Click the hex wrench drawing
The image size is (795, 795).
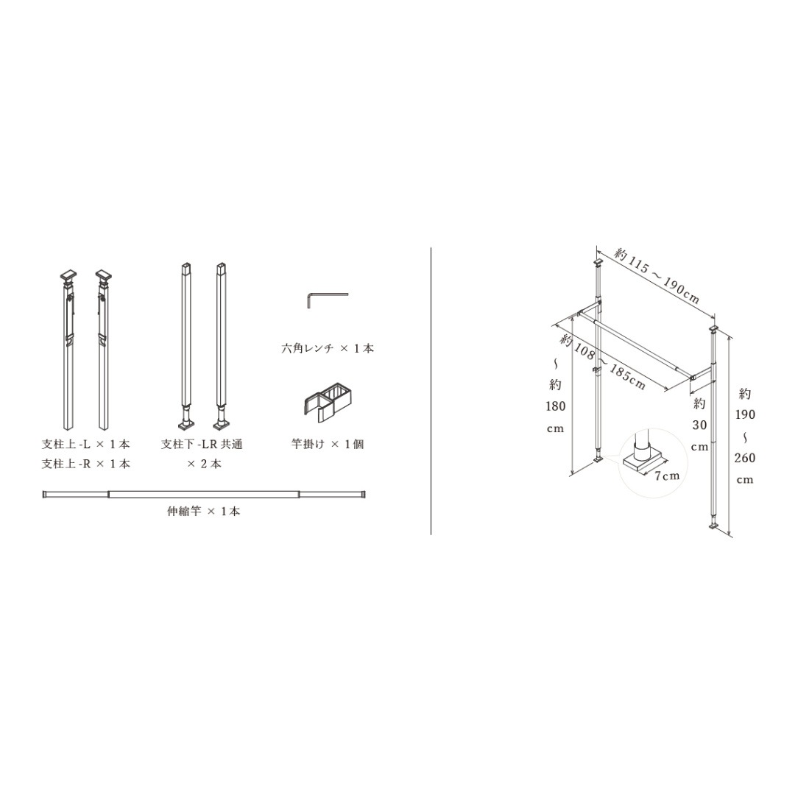325,297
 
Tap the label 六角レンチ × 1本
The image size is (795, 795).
328,348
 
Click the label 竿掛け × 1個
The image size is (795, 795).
327,444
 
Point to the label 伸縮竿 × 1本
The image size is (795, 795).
203,511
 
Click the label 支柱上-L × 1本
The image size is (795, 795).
85,444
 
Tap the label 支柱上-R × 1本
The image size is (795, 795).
85,464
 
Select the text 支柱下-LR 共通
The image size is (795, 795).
202,444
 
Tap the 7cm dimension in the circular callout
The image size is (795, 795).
667,476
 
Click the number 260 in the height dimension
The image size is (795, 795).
744,458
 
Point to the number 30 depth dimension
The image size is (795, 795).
699,425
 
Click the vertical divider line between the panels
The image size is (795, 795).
431,390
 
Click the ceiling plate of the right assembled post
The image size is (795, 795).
713,327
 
